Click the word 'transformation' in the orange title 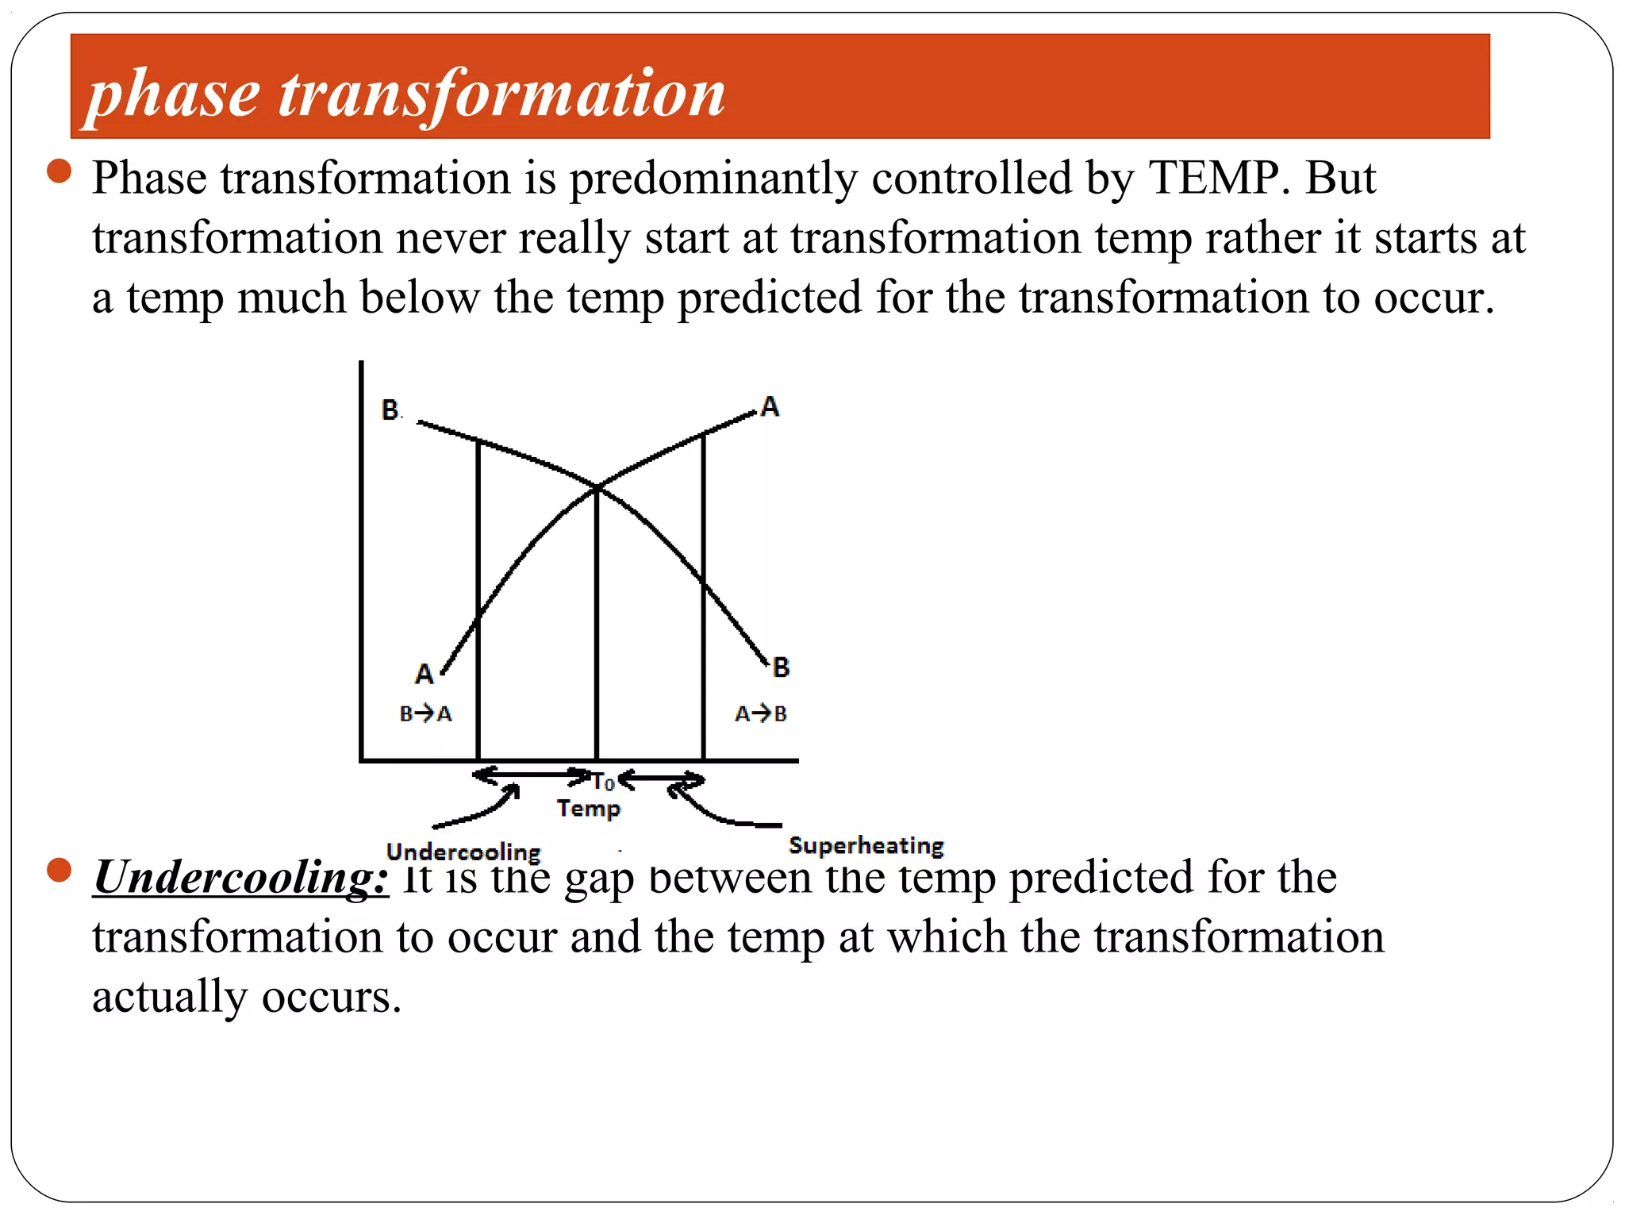[x=501, y=94]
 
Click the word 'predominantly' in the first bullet [x=713, y=179]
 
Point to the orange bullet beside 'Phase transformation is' [x=60, y=171]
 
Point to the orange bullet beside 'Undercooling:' [x=60, y=870]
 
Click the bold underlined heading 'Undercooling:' [x=241, y=878]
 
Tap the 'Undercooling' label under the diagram [x=463, y=852]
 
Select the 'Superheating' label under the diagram [x=866, y=845]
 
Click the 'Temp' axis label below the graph [x=588, y=808]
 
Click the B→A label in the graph [x=426, y=713]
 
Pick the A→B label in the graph [x=760, y=713]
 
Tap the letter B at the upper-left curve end [x=390, y=410]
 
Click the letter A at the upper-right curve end [x=770, y=406]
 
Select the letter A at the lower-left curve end [x=424, y=674]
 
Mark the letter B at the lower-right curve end [x=781, y=667]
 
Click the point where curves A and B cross [x=597, y=486]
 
